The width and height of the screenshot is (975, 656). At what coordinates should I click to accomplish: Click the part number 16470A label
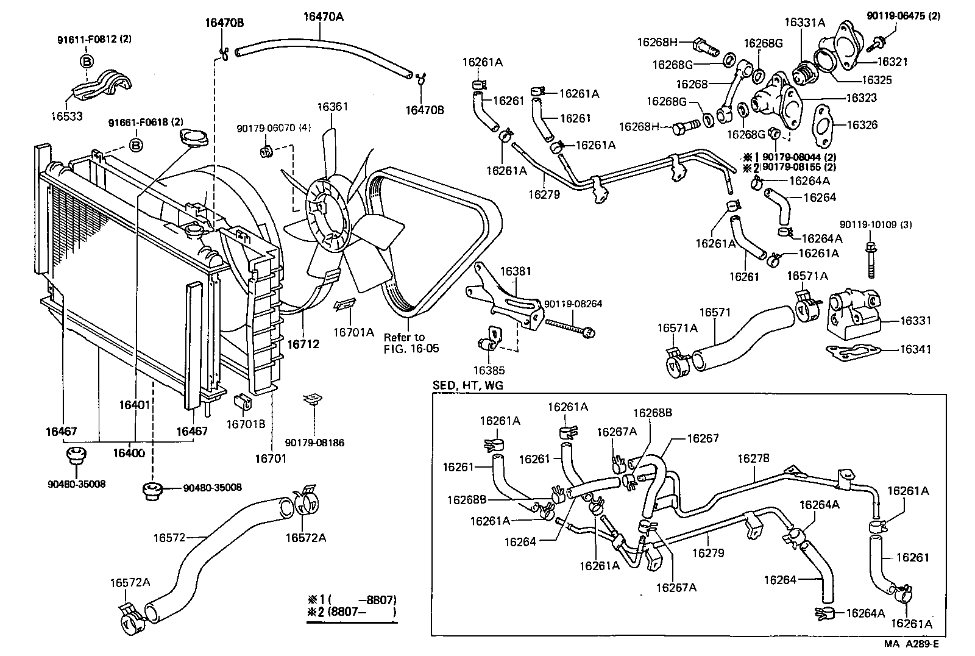click(x=323, y=17)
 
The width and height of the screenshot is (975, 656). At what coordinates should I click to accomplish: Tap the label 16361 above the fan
click(x=332, y=107)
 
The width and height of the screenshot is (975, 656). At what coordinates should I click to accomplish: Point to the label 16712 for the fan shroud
click(x=303, y=344)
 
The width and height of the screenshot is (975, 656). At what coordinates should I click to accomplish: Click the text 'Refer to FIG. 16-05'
click(x=411, y=343)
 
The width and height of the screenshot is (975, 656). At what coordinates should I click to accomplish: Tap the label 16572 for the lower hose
click(x=169, y=538)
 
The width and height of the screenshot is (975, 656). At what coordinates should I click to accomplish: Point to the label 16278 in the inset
click(x=753, y=458)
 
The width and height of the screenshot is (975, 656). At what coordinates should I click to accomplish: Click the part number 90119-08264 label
click(x=573, y=304)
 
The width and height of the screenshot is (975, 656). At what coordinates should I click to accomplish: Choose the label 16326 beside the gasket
click(x=862, y=125)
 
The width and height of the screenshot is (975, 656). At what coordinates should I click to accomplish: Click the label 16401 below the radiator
click(x=135, y=405)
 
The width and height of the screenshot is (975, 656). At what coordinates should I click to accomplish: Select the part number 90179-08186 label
click(x=314, y=443)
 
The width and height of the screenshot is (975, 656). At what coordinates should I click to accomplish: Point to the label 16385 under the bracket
click(x=489, y=370)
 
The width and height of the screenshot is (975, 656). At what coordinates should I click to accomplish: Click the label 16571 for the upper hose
click(x=714, y=313)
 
